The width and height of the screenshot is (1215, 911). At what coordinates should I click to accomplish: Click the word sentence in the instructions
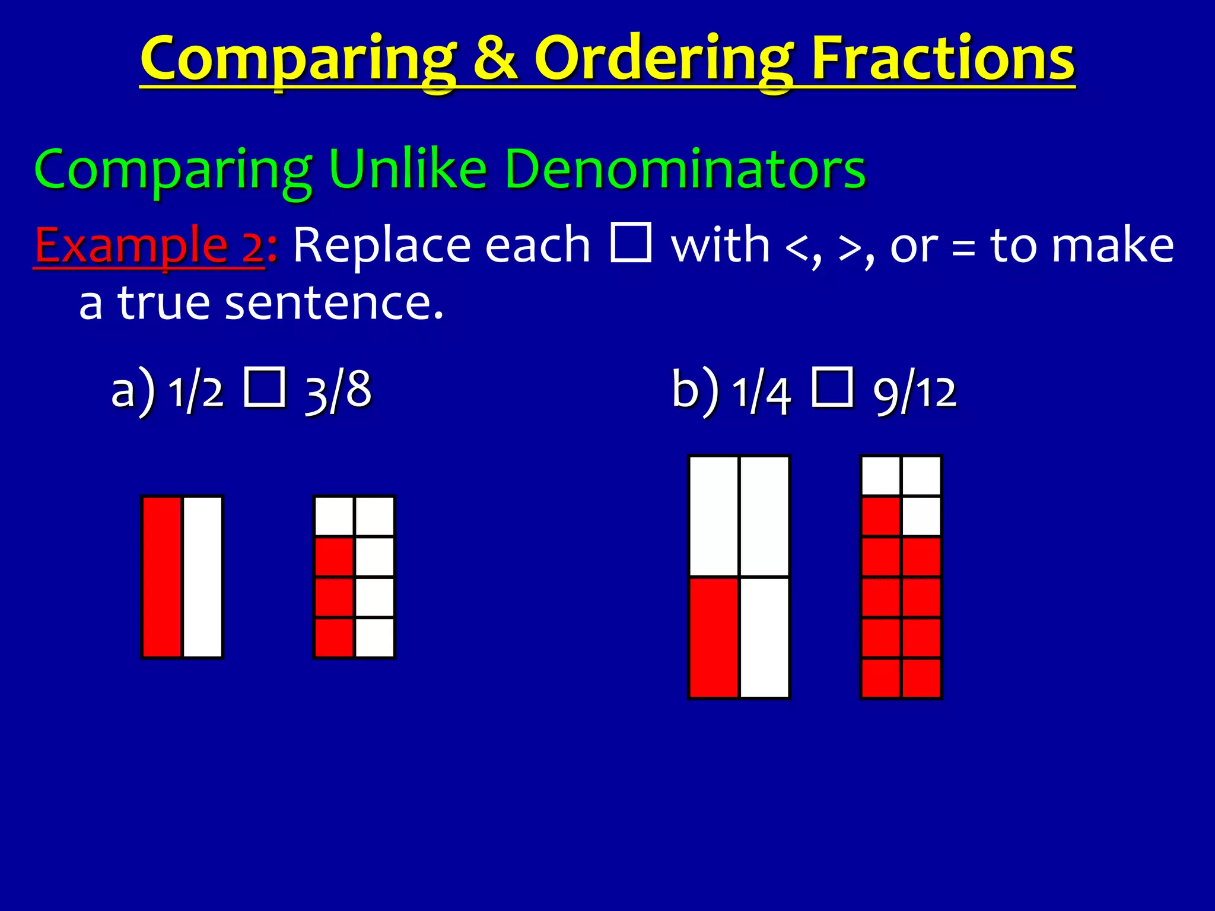[x=334, y=302]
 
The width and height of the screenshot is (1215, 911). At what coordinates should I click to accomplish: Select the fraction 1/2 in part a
[x=196, y=391]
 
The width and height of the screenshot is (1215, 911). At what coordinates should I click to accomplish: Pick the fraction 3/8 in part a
[x=338, y=391]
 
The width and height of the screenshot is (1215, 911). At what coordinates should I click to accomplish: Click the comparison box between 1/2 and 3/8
[x=265, y=387]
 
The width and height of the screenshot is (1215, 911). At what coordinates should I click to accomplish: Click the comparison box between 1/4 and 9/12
[x=832, y=387]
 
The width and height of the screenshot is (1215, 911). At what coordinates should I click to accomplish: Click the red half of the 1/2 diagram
[x=162, y=576]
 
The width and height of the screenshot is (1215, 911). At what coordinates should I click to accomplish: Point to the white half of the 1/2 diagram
[x=203, y=576]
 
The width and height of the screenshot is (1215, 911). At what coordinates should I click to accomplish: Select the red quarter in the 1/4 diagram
[x=714, y=638]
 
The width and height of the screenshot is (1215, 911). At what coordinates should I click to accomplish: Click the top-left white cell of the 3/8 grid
[x=334, y=516]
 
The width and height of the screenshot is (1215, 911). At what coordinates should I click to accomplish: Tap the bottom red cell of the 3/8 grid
[x=334, y=638]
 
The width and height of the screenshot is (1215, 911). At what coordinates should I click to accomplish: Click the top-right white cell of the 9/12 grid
[x=921, y=475]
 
